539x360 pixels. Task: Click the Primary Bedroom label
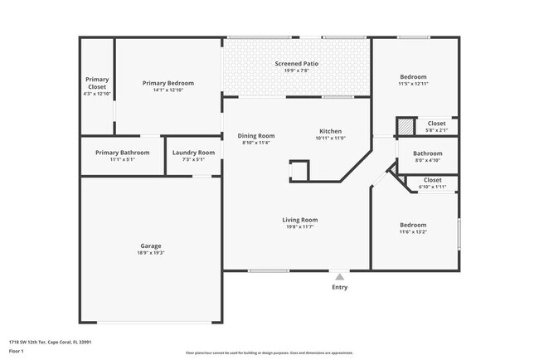click(168, 83)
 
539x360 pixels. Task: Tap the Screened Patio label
click(297, 64)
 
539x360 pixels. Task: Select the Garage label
click(150, 246)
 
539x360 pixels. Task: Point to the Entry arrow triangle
click(339, 276)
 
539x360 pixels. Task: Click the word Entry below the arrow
click(339, 287)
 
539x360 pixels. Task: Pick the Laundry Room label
click(194, 153)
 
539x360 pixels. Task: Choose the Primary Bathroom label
click(122, 153)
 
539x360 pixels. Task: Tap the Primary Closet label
click(97, 83)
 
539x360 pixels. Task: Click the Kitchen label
click(331, 131)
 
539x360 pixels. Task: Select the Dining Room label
click(256, 136)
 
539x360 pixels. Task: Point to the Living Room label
click(299, 220)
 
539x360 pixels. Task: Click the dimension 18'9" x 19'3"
click(150, 252)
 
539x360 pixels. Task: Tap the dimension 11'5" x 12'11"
click(413, 84)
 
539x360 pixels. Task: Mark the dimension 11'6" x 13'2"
click(413, 232)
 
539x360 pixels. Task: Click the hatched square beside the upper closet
click(405, 126)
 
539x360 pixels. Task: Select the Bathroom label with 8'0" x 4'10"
click(428, 153)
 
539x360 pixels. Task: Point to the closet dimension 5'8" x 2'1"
click(437, 130)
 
